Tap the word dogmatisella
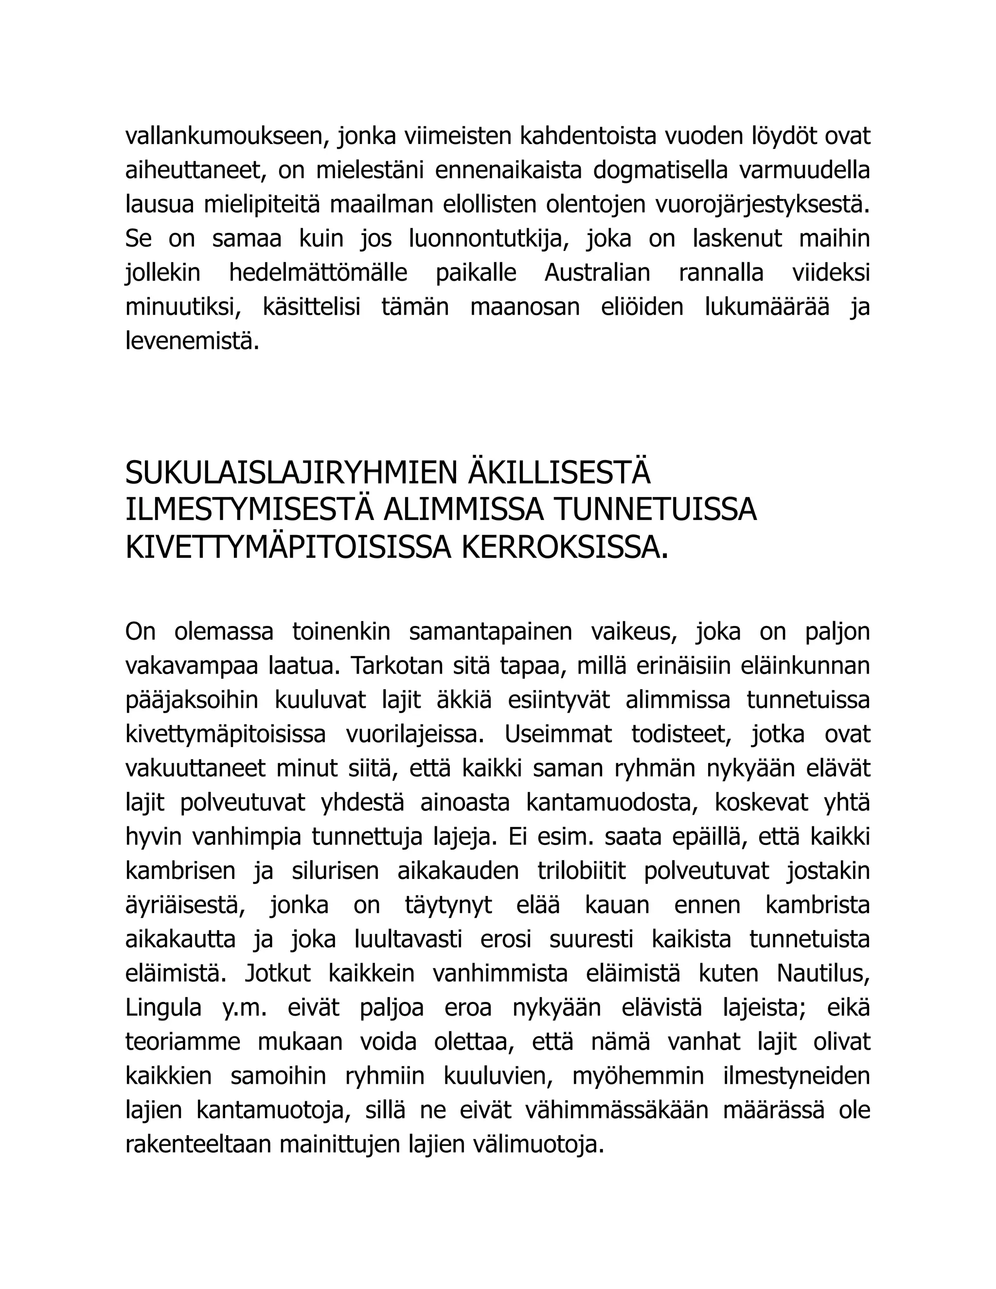(660, 171)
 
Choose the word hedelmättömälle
(318, 273)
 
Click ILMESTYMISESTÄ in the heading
(249, 510)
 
